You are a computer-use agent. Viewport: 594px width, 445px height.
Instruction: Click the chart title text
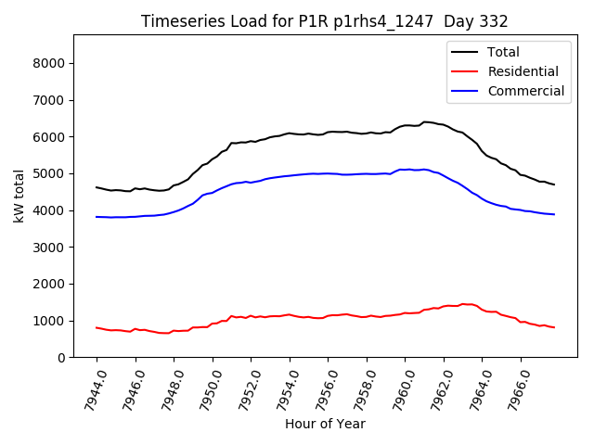tap(324, 21)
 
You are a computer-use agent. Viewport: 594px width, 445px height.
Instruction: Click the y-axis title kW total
tap(19, 196)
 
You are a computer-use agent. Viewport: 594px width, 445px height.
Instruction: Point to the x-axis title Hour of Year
tap(325, 424)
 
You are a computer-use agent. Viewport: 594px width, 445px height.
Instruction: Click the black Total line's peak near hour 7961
tap(425, 121)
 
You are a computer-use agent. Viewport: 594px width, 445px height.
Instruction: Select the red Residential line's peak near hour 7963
tap(463, 303)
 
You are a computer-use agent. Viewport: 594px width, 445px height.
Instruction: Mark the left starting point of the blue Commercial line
tap(97, 217)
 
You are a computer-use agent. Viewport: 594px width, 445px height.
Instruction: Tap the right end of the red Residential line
tap(554, 327)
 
